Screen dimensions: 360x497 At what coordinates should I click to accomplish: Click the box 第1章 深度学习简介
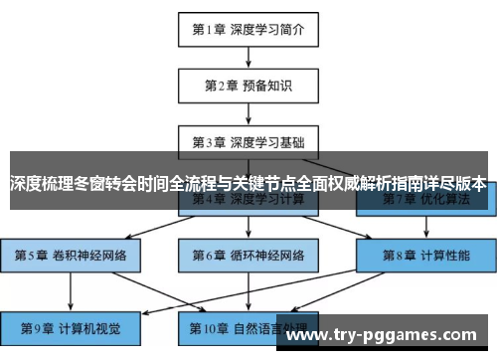click(x=248, y=29)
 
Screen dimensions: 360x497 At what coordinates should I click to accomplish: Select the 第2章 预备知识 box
click(x=248, y=86)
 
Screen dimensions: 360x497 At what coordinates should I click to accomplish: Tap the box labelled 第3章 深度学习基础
click(x=248, y=141)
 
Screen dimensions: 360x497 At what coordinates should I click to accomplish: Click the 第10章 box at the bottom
click(x=248, y=325)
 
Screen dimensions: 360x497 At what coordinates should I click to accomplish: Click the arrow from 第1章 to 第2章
click(x=248, y=57)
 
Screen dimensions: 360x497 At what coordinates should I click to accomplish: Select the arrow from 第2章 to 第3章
click(x=248, y=113)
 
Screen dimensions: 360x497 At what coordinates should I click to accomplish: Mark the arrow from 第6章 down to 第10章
click(x=248, y=290)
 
